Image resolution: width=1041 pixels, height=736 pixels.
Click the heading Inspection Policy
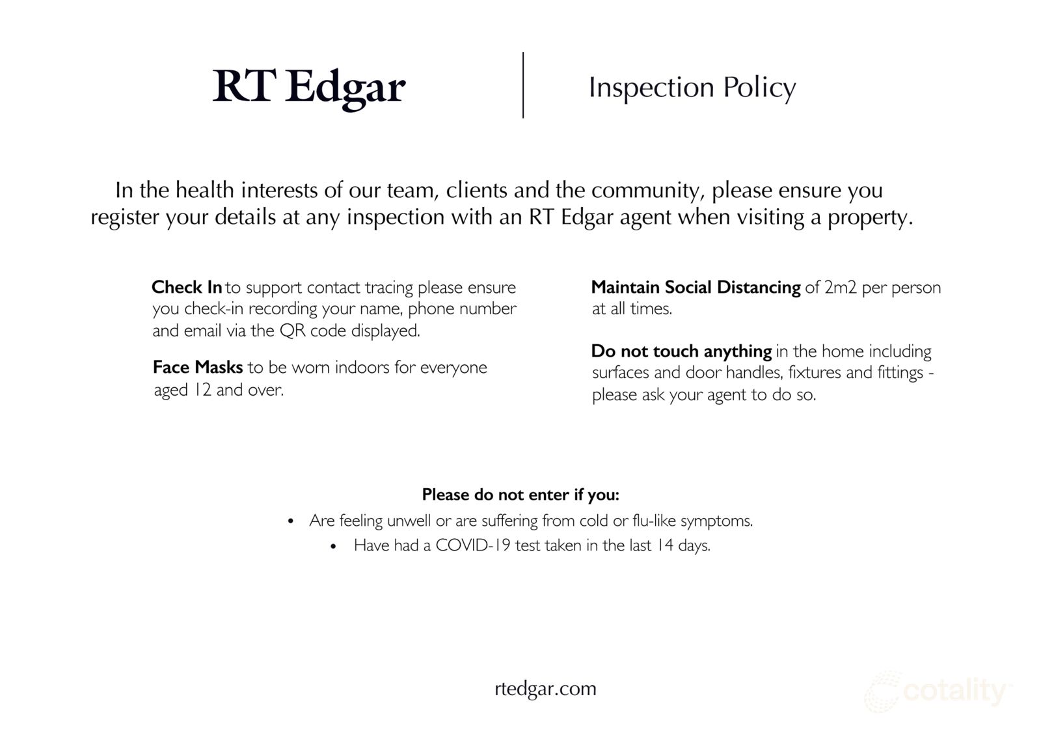(692, 88)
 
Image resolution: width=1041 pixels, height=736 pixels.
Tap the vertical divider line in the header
(523, 85)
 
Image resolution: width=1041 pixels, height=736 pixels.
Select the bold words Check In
(187, 288)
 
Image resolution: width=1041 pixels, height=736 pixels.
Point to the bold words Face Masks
(198, 367)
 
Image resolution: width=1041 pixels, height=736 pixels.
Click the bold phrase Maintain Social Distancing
(696, 288)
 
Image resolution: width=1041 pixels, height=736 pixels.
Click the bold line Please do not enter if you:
(520, 495)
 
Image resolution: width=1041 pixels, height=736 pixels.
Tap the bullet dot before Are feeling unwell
(291, 521)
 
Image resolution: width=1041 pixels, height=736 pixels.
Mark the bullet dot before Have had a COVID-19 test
(332, 546)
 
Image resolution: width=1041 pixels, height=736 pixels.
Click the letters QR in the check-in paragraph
(292, 331)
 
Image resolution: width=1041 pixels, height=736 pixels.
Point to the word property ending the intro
(869, 218)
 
